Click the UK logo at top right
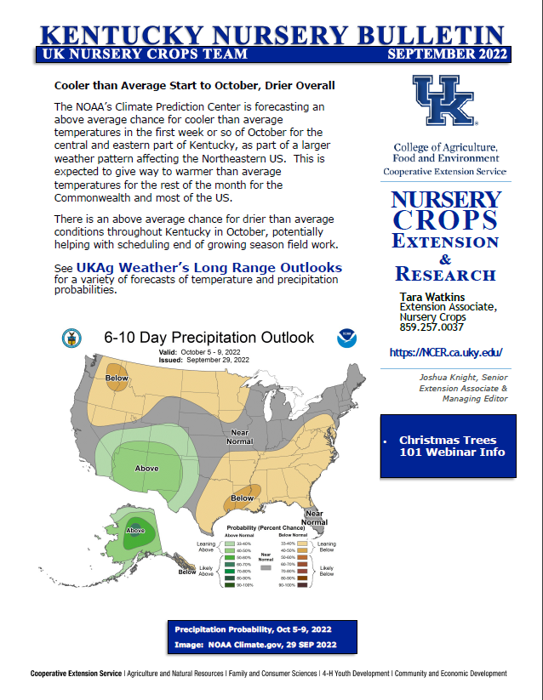click(x=443, y=101)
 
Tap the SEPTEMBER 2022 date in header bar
click(x=446, y=54)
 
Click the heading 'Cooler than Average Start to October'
click(x=194, y=86)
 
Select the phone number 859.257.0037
click(x=432, y=327)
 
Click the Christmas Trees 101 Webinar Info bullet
click(x=452, y=446)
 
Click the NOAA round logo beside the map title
click(x=346, y=338)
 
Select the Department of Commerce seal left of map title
click(x=71, y=339)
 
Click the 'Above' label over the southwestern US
click(x=146, y=468)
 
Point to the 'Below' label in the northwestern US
click(x=117, y=378)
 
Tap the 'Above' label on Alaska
click(x=134, y=531)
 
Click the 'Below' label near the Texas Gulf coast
click(x=243, y=498)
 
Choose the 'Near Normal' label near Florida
click(x=315, y=516)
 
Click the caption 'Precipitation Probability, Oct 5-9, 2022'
click(x=253, y=629)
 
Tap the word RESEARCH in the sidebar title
click(x=445, y=274)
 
